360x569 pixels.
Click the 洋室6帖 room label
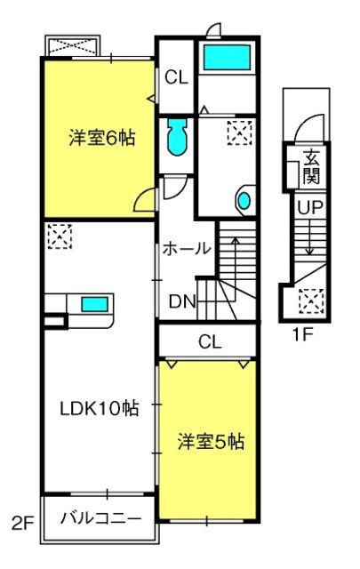(x=102, y=138)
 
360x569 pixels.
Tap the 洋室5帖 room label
(x=211, y=442)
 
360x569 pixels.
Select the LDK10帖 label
(x=99, y=408)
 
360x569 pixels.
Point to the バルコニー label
(x=100, y=518)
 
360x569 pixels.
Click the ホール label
(x=187, y=249)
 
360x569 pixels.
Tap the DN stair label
(x=183, y=301)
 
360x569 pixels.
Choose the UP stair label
(x=310, y=207)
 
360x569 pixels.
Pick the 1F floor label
(x=302, y=334)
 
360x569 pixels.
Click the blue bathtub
(x=228, y=57)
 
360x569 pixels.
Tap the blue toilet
(x=177, y=136)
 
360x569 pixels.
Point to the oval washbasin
(x=244, y=200)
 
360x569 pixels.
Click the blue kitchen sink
(x=94, y=304)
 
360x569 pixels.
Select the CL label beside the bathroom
(x=177, y=77)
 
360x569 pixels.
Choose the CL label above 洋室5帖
(x=210, y=341)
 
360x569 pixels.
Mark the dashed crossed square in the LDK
(x=60, y=236)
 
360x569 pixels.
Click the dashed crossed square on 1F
(x=311, y=301)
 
